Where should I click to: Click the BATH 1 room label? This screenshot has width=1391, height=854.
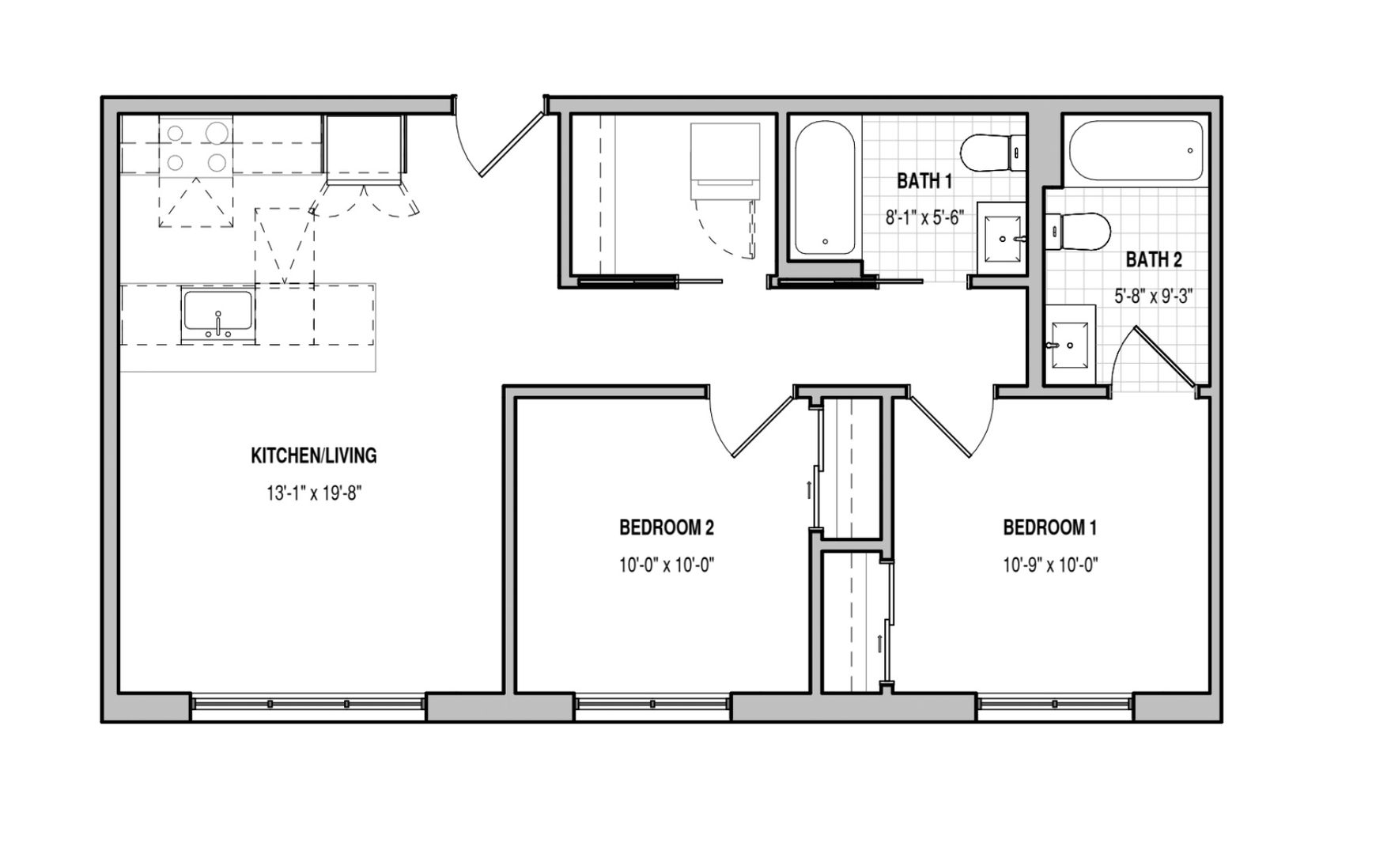pyautogui.click(x=924, y=181)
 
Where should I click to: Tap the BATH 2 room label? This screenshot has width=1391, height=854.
pyautogui.click(x=1154, y=259)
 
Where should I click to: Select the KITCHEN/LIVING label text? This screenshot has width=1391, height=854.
pyautogui.click(x=314, y=455)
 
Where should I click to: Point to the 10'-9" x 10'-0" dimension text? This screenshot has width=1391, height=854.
pyautogui.click(x=1050, y=565)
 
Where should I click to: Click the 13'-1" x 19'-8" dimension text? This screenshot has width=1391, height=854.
pyautogui.click(x=314, y=494)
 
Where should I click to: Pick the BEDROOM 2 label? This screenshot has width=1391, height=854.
pyautogui.click(x=667, y=527)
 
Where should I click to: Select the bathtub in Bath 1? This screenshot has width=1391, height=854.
pyautogui.click(x=824, y=188)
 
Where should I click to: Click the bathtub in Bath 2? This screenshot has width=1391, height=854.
pyautogui.click(x=1136, y=149)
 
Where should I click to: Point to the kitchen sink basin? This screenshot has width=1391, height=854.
pyautogui.click(x=217, y=312)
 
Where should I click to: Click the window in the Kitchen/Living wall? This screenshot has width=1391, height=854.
pyautogui.click(x=308, y=704)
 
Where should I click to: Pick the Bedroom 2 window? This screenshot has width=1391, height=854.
pyautogui.click(x=652, y=704)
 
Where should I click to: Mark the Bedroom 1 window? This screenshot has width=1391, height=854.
pyautogui.click(x=1055, y=704)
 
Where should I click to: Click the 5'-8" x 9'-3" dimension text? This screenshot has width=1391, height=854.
pyautogui.click(x=1153, y=297)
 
